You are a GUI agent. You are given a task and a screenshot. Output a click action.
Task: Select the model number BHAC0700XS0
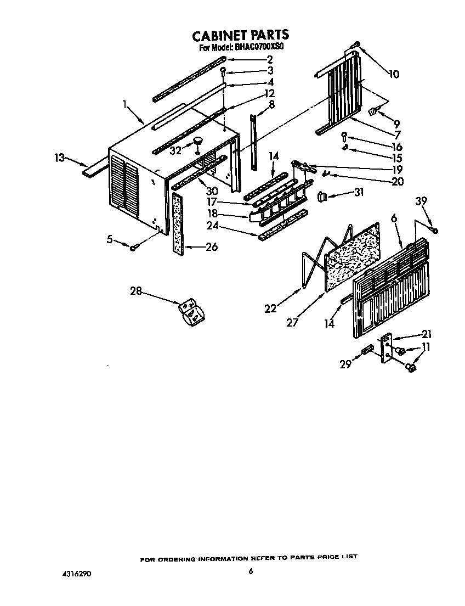pos(259,48)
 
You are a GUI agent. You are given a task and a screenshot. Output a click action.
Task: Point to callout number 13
pos(60,158)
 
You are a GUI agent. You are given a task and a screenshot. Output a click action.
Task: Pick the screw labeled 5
pos(133,249)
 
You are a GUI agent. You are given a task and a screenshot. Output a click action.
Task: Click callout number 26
pos(211,247)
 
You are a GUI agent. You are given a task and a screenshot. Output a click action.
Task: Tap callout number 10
pos(394,74)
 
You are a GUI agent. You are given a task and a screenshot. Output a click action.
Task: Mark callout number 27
pos(292,322)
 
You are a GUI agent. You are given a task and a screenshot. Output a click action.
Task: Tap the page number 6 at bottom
pos(250,571)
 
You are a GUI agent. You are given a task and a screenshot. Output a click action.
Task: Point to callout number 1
pos(126,103)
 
